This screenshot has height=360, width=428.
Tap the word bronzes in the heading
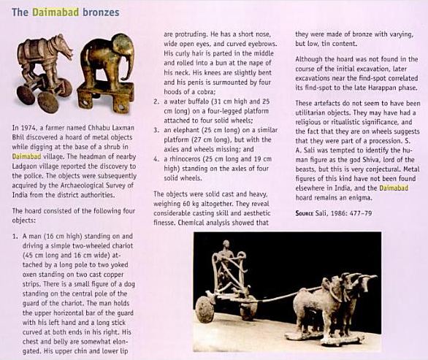coord(99,13)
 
